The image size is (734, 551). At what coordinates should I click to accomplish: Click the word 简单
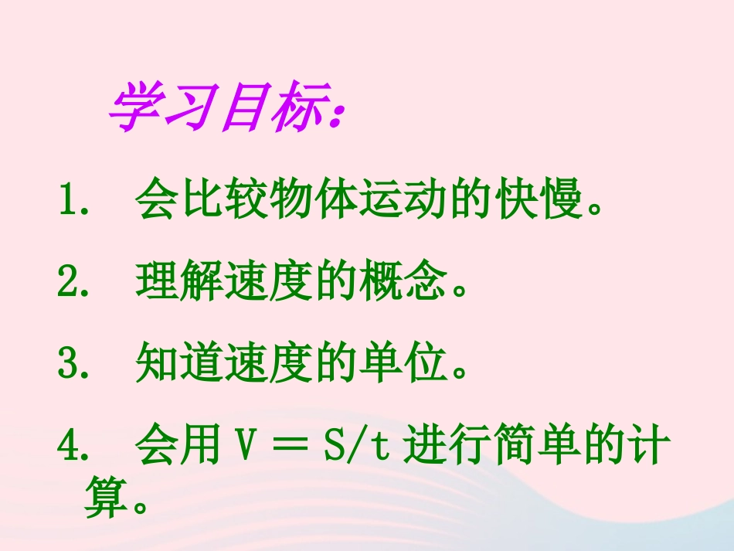pos(542,447)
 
